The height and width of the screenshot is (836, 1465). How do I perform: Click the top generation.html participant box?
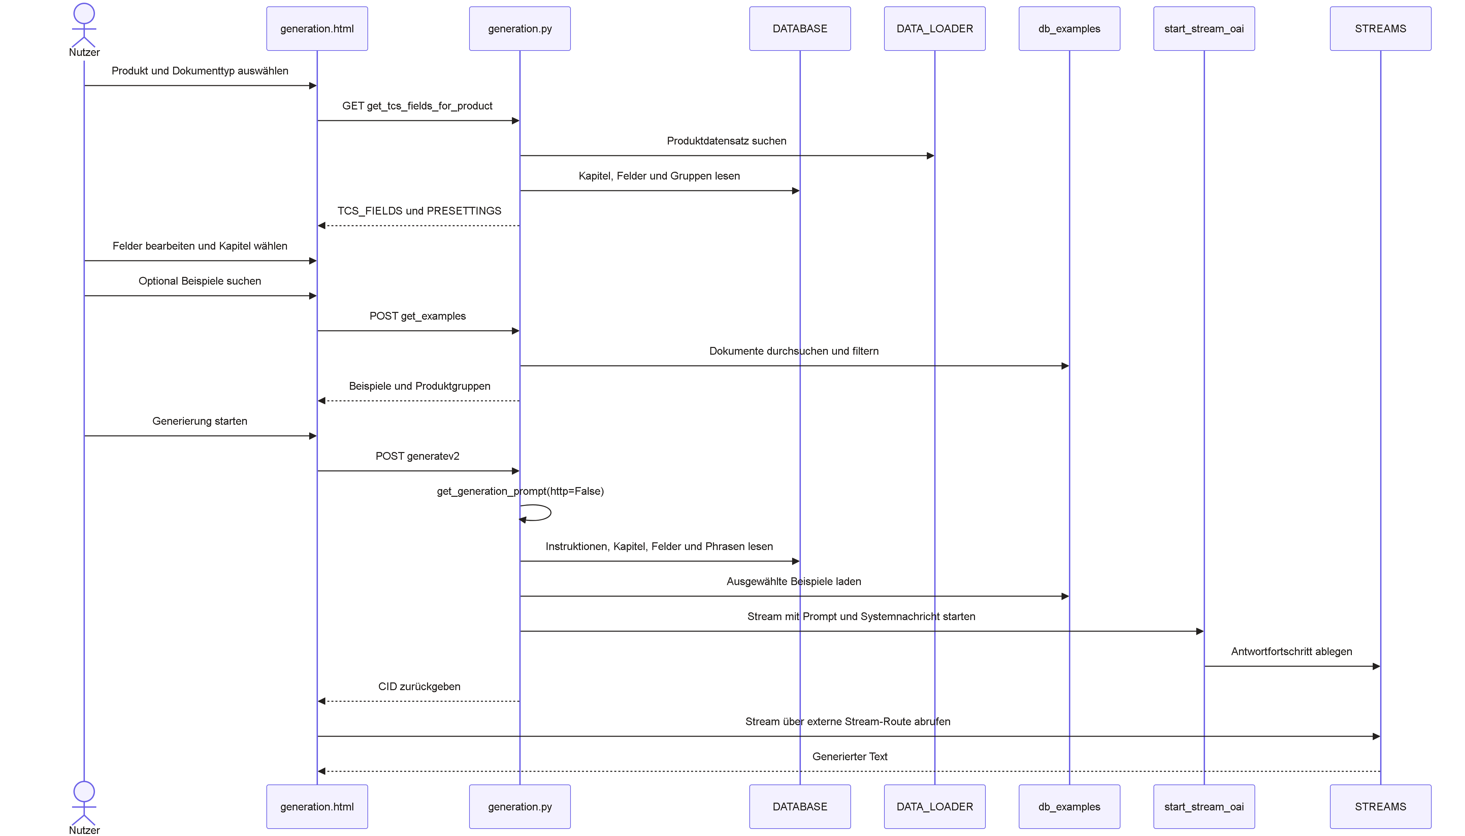(317, 29)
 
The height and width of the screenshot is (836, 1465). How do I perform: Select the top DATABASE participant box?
(800, 29)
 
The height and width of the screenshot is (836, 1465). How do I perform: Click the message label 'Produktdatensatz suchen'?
(726, 141)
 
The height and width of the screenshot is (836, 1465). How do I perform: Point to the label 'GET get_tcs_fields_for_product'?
(417, 106)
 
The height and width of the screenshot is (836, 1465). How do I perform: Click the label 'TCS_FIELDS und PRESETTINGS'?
(419, 211)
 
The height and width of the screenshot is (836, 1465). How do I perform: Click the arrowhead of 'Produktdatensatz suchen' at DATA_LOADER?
(931, 156)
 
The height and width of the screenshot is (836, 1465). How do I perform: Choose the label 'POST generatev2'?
(417, 456)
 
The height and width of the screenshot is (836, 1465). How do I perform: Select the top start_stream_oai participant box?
(1204, 29)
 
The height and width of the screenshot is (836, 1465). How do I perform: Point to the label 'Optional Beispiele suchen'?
(200, 281)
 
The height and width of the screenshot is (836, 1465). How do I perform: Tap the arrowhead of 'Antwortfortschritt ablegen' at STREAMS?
(1376, 666)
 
